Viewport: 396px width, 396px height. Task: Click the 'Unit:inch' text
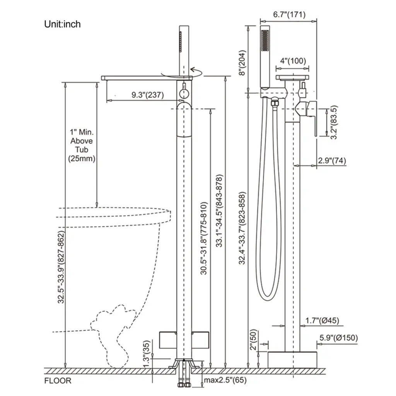[x=62, y=24]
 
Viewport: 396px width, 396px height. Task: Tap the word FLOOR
[x=58, y=381]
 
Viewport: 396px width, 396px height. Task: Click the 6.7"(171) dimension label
[x=289, y=15]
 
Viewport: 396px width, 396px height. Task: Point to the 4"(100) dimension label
[x=293, y=61]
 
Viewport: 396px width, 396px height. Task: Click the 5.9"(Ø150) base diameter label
[x=339, y=338]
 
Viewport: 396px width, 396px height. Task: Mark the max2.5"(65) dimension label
[x=226, y=380]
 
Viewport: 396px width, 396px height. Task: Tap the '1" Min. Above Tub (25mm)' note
[x=81, y=145]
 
